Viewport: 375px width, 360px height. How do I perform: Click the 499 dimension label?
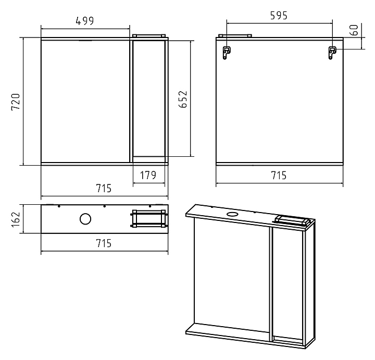85,21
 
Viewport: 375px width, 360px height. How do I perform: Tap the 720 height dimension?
16,102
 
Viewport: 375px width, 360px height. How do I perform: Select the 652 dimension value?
183,99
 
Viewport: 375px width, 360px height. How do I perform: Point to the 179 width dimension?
148,175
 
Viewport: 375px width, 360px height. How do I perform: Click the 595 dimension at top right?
279,16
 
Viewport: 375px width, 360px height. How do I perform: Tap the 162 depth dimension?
16,219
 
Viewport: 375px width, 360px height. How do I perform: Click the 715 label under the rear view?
279,176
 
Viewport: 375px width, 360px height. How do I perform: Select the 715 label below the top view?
104,243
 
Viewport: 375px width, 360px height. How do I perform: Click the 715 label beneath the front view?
104,188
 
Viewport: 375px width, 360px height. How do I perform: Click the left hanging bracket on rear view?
226,53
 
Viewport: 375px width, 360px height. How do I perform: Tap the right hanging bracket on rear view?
332,53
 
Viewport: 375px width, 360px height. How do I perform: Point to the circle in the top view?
85,219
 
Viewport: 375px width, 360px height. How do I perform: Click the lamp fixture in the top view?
149,219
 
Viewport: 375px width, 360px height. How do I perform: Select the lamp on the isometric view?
292,220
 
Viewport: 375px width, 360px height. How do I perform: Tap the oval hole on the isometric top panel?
232,214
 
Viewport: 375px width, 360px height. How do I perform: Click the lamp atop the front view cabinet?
149,35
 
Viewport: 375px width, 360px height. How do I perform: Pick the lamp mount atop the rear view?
235,36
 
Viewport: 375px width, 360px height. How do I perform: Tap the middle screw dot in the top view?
104,206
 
